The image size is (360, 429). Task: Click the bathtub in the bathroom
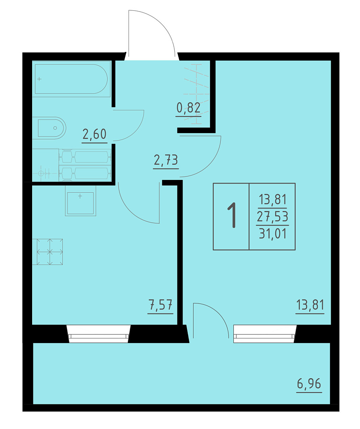(x=71, y=79)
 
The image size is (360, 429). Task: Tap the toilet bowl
(x=49, y=128)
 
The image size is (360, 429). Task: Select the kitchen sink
(x=80, y=201)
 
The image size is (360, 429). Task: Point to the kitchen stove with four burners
(x=48, y=252)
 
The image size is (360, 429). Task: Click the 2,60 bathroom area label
(x=94, y=134)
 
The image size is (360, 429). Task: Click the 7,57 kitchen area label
(x=160, y=305)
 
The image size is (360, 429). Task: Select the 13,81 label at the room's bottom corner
(x=310, y=305)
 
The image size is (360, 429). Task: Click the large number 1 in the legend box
(x=232, y=215)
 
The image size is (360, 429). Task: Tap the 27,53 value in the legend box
(x=273, y=216)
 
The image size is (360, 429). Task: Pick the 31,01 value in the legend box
(x=273, y=234)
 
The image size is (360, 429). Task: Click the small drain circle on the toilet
(x=55, y=128)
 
